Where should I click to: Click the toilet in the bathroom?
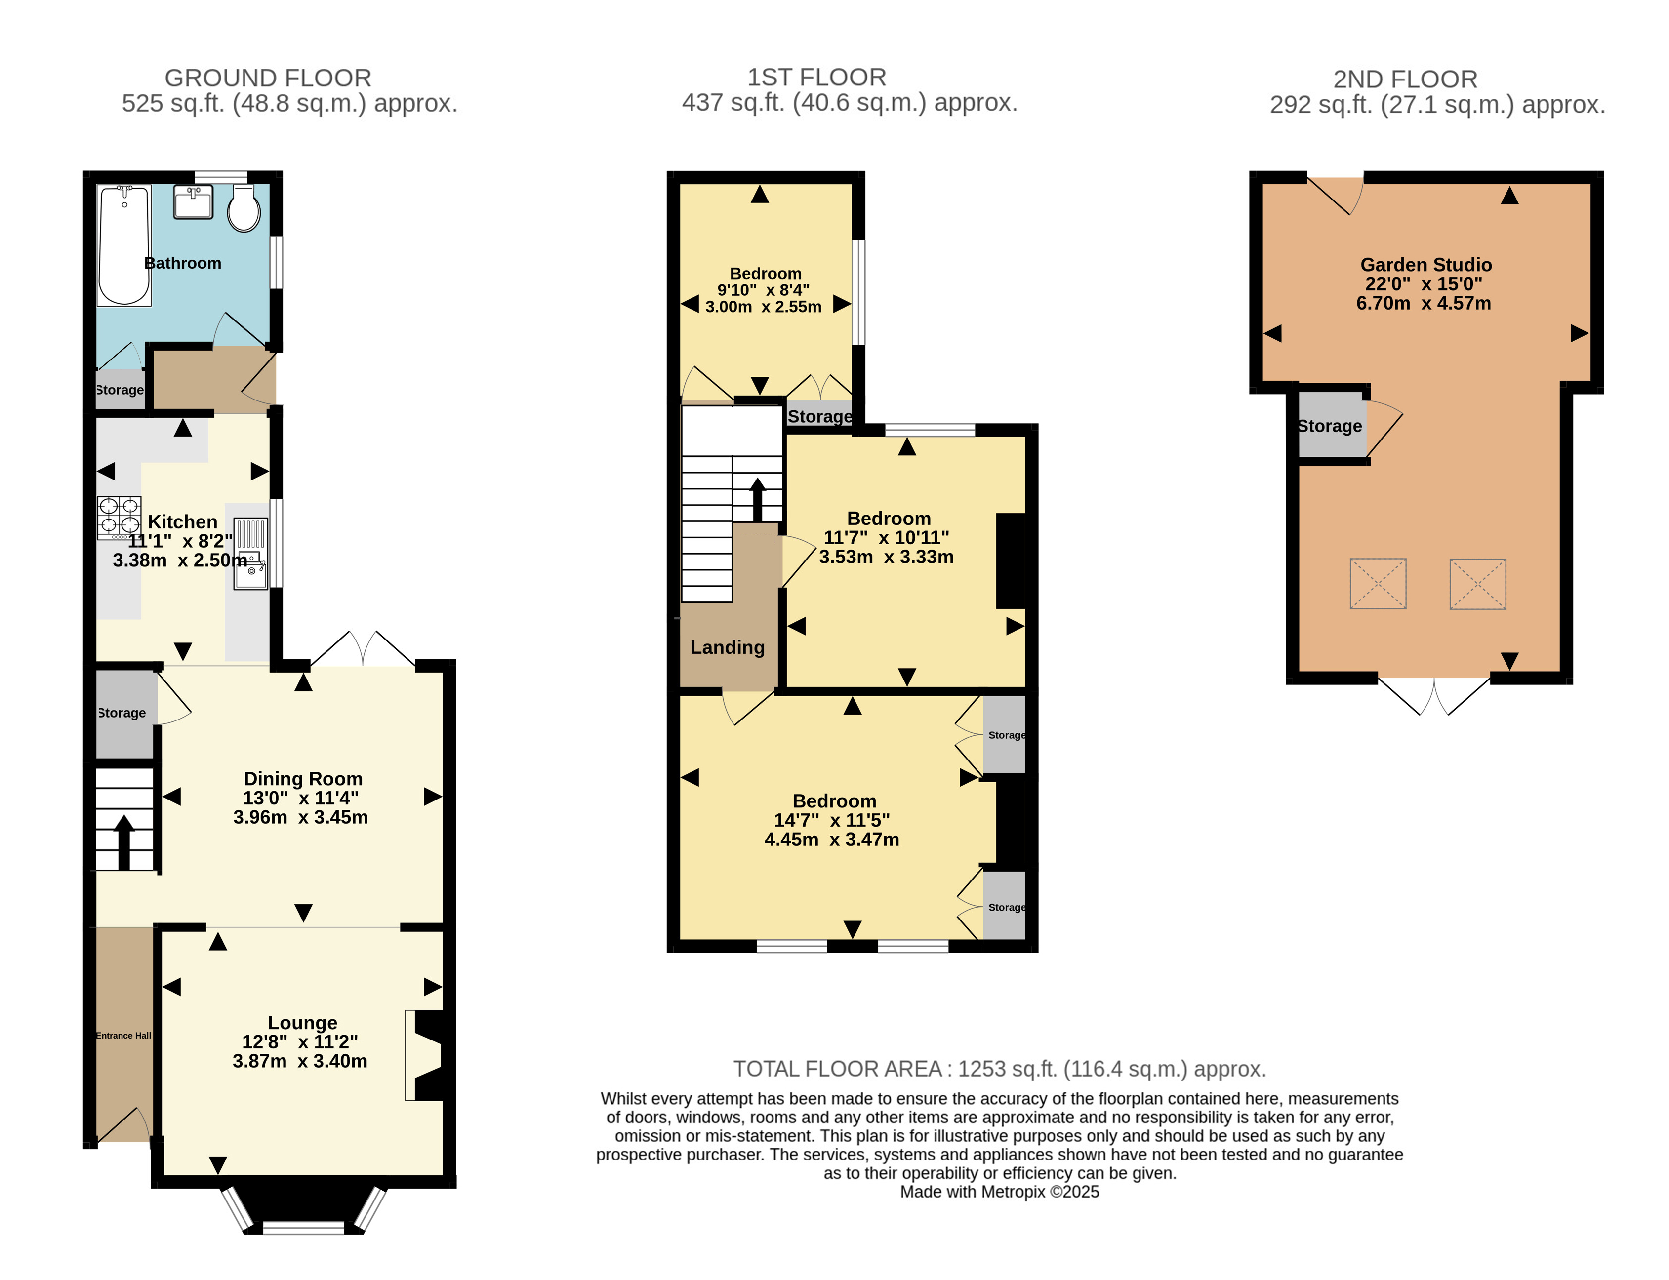(244, 207)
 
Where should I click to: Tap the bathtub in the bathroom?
(124, 244)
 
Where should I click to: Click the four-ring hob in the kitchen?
(119, 518)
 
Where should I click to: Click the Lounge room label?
(303, 1023)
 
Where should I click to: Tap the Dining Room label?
(303, 779)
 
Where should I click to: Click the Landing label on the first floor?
(727, 647)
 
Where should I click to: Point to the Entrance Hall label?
(123, 1036)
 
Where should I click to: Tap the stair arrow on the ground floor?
(123, 842)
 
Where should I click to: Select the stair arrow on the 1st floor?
(758, 499)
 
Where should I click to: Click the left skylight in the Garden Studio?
(1378, 584)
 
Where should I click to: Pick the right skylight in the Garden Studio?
(1478, 584)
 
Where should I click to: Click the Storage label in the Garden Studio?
(1329, 426)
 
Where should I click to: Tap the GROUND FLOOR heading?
(268, 78)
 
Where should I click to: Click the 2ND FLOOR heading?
(1405, 79)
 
